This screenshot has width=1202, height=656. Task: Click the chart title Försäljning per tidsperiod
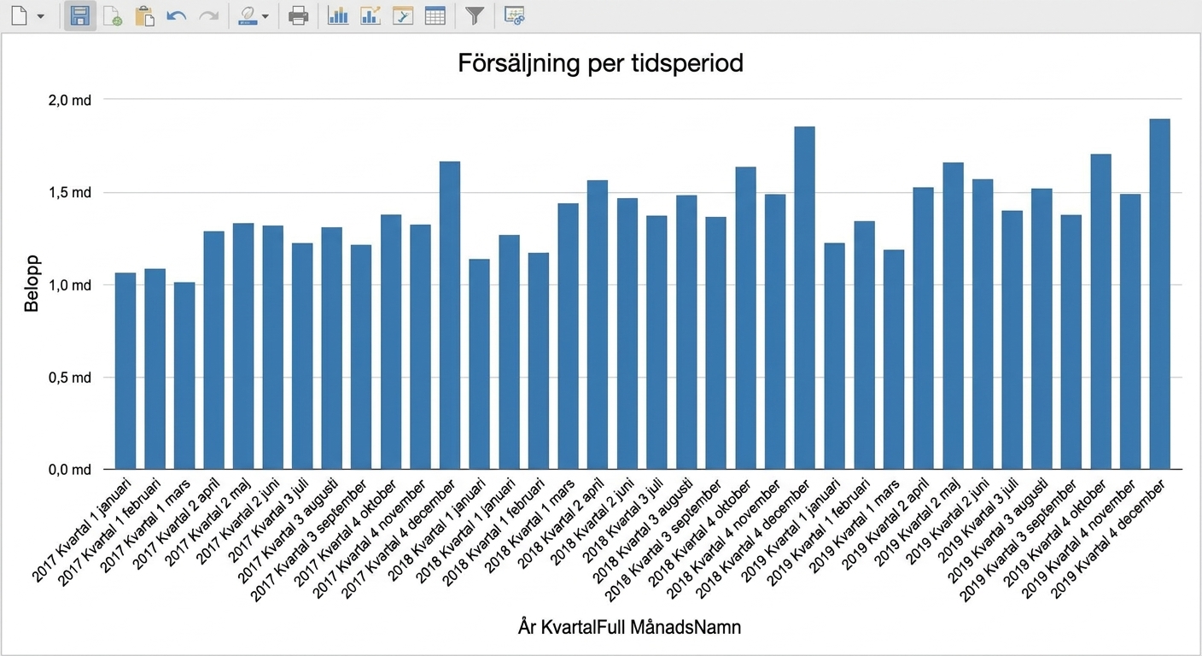point(600,63)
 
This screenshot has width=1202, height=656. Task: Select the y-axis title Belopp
point(32,283)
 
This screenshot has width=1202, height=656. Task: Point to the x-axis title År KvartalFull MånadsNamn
point(629,627)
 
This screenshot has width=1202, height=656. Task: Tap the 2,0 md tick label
point(70,101)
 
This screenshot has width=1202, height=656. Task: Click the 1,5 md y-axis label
point(70,193)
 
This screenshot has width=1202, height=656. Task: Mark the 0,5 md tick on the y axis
point(70,378)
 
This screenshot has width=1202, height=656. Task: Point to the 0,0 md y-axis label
point(70,470)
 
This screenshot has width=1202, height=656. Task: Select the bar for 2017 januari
point(125,371)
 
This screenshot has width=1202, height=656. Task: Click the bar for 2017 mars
point(184,376)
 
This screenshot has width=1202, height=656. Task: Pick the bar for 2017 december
point(450,315)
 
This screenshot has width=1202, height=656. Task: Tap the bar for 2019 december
point(1159,294)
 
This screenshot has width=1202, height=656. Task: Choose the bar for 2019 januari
point(834,356)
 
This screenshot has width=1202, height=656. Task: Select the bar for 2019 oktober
point(1100,312)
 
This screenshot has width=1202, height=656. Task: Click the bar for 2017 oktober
point(391,342)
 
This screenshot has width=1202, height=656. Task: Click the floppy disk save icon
point(80,16)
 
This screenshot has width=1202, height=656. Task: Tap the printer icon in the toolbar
point(298,16)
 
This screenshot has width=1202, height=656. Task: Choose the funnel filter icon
point(475,16)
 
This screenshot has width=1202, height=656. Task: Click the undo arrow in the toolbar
point(177,16)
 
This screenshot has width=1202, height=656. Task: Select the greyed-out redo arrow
point(209,16)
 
